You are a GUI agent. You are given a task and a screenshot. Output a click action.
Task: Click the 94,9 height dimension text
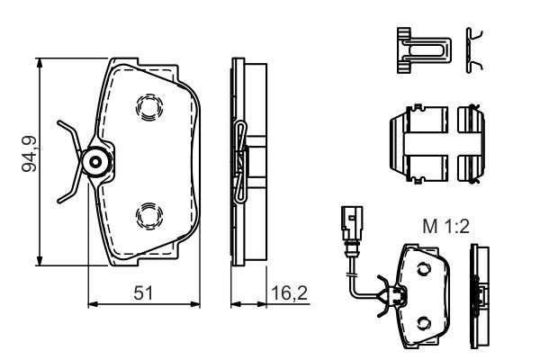point(30,154)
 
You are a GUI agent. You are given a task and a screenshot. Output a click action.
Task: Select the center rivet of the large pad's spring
point(94,161)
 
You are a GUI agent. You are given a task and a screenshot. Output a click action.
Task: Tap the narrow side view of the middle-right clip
point(472,143)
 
